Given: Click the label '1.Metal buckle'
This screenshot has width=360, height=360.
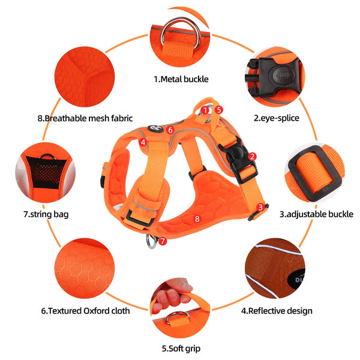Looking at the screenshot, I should tap(181, 79).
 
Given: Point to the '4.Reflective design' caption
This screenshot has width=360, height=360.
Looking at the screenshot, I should tap(277, 311).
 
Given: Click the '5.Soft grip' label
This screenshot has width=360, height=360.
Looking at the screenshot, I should tap(181, 348).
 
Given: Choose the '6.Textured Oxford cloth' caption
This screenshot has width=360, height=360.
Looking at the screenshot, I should tap(85, 311).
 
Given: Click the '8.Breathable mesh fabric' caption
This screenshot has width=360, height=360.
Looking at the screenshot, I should tap(85, 118).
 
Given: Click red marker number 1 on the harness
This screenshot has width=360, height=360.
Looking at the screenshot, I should tap(205, 110).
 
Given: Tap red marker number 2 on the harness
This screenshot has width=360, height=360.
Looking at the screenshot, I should tap(253, 157).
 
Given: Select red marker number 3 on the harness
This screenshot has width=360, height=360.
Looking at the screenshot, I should tap(260, 207).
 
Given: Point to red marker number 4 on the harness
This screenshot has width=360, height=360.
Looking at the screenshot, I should tap(143, 142).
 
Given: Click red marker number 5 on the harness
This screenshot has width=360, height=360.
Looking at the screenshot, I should tap(220, 110).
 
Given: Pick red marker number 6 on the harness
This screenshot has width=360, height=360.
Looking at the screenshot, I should tap(170, 129).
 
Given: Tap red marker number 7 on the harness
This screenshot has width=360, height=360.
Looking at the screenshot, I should tap(162, 241).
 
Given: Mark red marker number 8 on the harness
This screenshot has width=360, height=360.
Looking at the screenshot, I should tap(197, 218).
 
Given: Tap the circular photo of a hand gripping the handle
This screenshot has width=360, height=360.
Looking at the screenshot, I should tap(179, 307).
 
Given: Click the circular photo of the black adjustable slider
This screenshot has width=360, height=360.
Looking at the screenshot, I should tap(315, 174).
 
